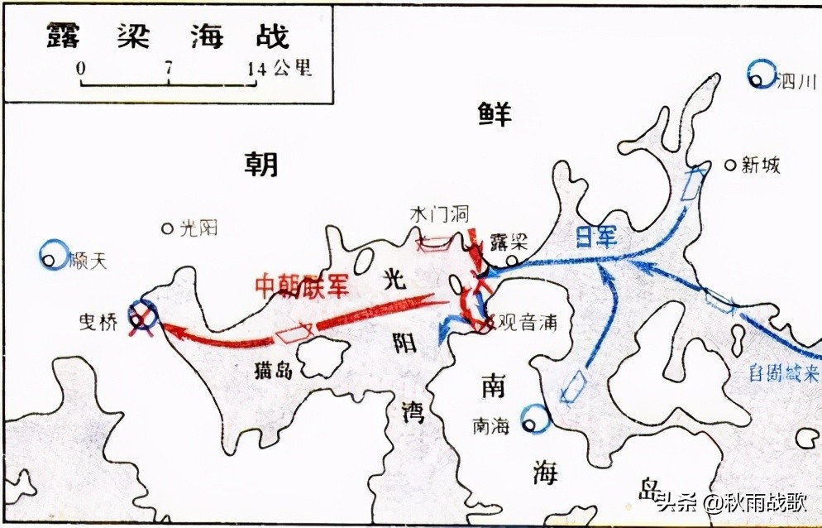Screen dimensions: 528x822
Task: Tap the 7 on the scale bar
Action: tap(169, 69)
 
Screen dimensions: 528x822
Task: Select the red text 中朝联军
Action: tap(303, 286)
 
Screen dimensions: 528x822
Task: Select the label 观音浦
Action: tap(524, 323)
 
